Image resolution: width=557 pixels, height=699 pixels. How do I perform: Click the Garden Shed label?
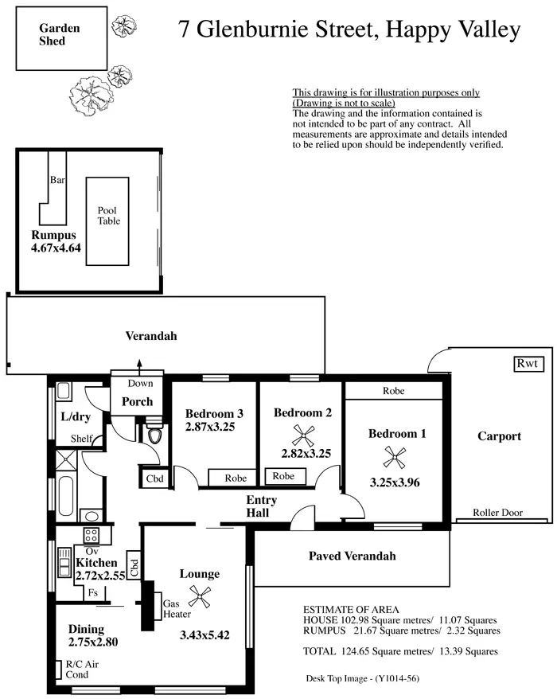point(59,33)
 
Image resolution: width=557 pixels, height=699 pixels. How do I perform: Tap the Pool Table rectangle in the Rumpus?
point(108,221)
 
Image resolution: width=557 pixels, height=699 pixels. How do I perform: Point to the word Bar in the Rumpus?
point(57,180)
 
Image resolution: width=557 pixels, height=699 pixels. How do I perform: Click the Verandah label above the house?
point(151,336)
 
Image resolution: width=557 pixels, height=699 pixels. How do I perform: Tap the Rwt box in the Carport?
point(527,363)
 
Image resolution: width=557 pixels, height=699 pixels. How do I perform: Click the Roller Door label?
point(497,513)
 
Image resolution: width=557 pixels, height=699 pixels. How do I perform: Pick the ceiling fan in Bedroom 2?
point(302,434)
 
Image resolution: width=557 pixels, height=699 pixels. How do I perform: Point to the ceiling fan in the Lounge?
point(203,594)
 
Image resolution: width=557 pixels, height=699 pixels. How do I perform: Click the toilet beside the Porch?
point(154,435)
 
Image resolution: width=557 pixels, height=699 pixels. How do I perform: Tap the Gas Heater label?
point(176,609)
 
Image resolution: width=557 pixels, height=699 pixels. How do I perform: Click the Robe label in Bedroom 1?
point(393,391)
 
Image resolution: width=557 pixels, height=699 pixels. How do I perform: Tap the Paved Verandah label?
point(352,556)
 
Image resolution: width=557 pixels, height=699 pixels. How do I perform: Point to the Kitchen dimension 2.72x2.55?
point(100,576)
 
